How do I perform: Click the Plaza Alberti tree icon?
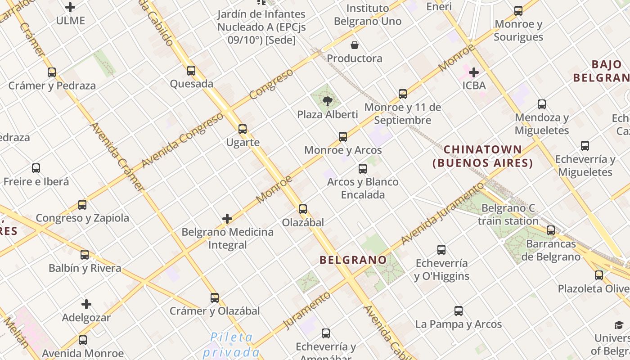pyautogui.click(x=328, y=101)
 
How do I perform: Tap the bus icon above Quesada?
pyautogui.click(x=191, y=71)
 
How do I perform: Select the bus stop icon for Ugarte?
pyautogui.click(x=243, y=129)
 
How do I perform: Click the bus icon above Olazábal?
pyautogui.click(x=303, y=209)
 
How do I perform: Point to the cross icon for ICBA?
pyautogui.click(x=474, y=72)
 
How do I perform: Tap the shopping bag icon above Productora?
pyautogui.click(x=355, y=45)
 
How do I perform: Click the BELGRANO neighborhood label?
pyautogui.click(x=353, y=260)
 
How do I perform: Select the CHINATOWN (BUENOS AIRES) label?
pyautogui.click(x=483, y=156)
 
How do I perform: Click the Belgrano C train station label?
pyautogui.click(x=508, y=215)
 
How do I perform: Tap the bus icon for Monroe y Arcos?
pyautogui.click(x=343, y=137)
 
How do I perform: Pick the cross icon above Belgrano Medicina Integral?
pyautogui.click(x=227, y=219)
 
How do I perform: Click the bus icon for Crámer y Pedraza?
pyautogui.click(x=52, y=72)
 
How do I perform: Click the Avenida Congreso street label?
pyautogui.click(x=182, y=140)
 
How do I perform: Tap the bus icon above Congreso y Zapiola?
pyautogui.click(x=82, y=205)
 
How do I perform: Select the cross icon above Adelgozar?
pyautogui.click(x=86, y=304)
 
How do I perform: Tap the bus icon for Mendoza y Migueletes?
pyautogui.click(x=542, y=104)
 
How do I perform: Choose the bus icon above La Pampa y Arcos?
pyautogui.click(x=459, y=311)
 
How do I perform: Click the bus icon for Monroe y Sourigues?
pyautogui.click(x=518, y=11)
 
